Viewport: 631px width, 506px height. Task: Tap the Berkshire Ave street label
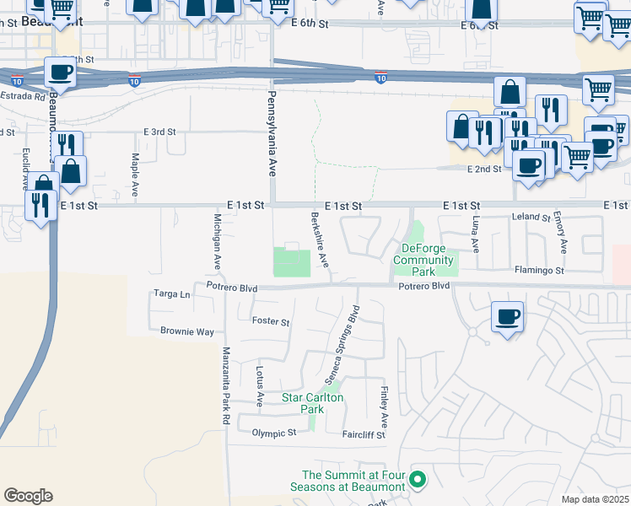(x=320, y=240)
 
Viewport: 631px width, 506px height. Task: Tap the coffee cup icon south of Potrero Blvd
(x=506, y=317)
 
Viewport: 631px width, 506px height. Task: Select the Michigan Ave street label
(x=218, y=241)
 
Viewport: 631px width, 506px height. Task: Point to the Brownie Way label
(x=187, y=331)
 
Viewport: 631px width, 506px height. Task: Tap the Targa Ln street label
(x=172, y=294)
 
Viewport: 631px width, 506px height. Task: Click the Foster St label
(x=271, y=322)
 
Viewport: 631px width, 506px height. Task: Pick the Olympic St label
(x=274, y=433)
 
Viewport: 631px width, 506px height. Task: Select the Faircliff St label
(x=364, y=435)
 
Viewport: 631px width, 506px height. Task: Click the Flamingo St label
(x=540, y=271)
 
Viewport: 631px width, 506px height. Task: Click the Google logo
(x=28, y=495)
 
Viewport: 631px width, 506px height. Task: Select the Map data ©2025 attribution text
(x=595, y=499)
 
